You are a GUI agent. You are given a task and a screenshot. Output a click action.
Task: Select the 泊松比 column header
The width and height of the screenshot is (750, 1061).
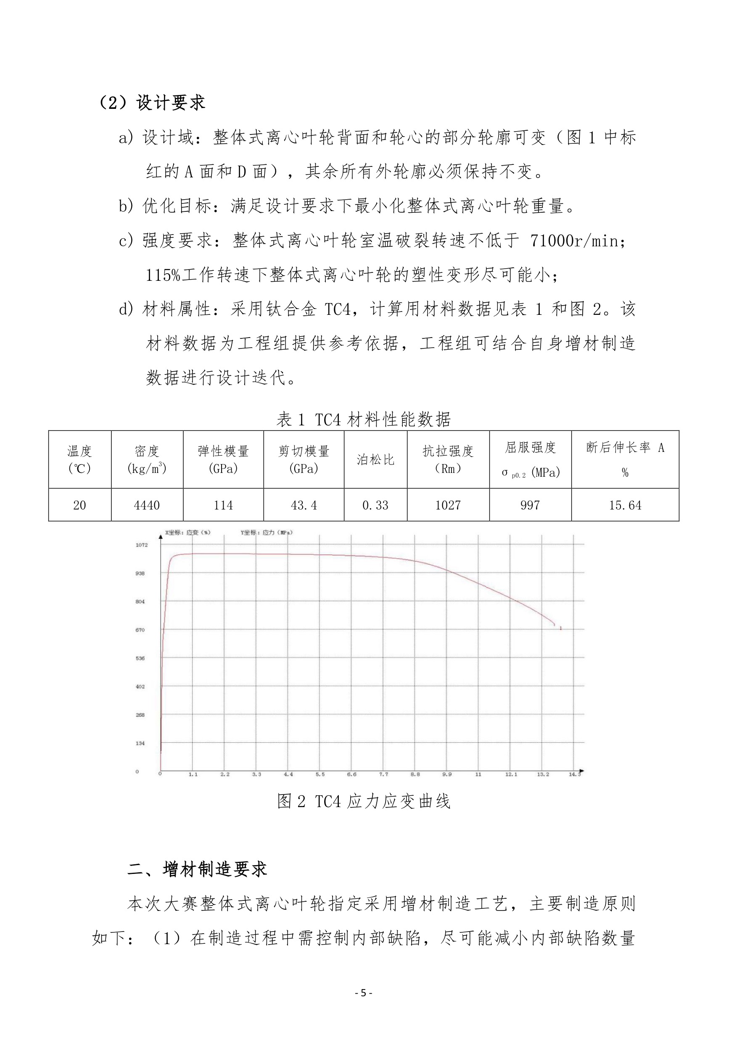point(375,459)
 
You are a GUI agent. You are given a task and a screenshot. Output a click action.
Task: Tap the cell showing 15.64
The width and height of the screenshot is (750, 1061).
point(625,505)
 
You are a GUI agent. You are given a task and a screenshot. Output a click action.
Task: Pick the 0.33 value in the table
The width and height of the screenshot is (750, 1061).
point(375,505)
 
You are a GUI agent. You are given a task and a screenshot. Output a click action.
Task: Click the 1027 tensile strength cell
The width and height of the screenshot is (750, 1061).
point(448,505)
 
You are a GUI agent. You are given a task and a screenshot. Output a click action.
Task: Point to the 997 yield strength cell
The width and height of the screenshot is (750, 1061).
point(530,505)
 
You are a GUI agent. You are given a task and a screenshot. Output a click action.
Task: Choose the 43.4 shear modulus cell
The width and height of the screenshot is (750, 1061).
point(304,505)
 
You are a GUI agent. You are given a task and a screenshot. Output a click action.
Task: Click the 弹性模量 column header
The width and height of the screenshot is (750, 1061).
point(223,459)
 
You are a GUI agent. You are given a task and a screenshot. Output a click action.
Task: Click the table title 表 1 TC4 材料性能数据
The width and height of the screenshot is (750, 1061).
point(364,419)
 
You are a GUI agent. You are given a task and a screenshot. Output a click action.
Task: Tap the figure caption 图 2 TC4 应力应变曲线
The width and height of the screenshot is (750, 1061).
point(364,801)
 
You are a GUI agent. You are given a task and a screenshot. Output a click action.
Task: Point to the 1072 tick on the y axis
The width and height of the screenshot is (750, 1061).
point(141,545)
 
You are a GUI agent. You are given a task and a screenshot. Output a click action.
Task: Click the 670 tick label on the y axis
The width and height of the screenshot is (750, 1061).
point(140,630)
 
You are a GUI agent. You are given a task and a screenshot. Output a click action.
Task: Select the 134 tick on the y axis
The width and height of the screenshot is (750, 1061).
point(140,743)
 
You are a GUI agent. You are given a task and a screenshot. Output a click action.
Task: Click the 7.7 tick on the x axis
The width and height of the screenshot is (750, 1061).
point(383,774)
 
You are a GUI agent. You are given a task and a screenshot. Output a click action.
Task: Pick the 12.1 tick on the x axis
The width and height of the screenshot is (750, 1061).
point(511,774)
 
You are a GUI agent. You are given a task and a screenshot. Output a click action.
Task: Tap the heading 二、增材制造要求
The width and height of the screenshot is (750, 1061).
point(197,869)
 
